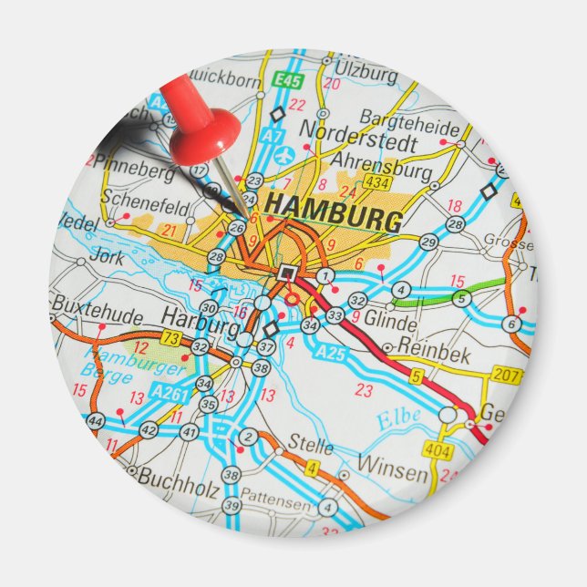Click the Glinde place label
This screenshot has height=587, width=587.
point(390,323)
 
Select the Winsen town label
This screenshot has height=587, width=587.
point(392,470)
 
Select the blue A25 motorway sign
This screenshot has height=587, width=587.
point(332,352)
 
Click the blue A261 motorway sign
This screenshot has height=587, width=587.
point(170,392)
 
